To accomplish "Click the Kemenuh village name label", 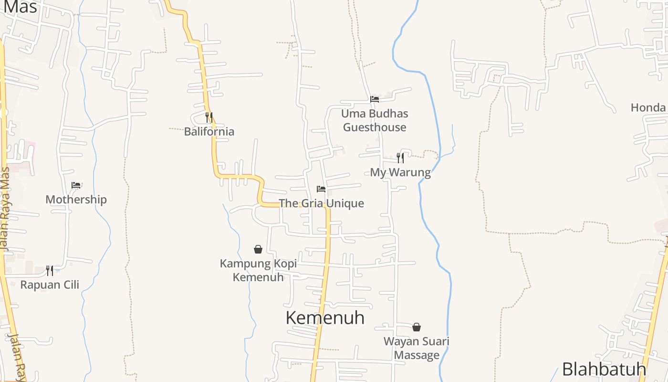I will (x=325, y=318).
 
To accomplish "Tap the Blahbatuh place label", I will (x=604, y=369).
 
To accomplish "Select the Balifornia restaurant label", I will (x=209, y=132).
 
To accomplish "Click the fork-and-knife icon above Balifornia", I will (x=209, y=117).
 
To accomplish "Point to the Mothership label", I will (x=76, y=200).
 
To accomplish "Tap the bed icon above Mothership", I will (x=76, y=185).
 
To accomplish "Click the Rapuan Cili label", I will (x=50, y=285).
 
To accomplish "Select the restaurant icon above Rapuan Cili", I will (x=50, y=271).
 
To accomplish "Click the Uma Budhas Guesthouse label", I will (x=375, y=120).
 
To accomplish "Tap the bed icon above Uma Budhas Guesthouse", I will (x=375, y=99).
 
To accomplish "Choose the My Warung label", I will (x=400, y=172).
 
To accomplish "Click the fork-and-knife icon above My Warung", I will (x=400, y=158).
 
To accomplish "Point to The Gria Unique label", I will (x=321, y=203).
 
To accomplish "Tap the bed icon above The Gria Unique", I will (x=321, y=189).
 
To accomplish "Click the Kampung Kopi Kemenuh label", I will (x=258, y=270).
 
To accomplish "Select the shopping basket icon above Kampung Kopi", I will (x=258, y=249).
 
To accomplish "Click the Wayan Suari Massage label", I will (x=417, y=348).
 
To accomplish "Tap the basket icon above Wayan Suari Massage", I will (x=417, y=327).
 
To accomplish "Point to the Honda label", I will (x=648, y=107).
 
